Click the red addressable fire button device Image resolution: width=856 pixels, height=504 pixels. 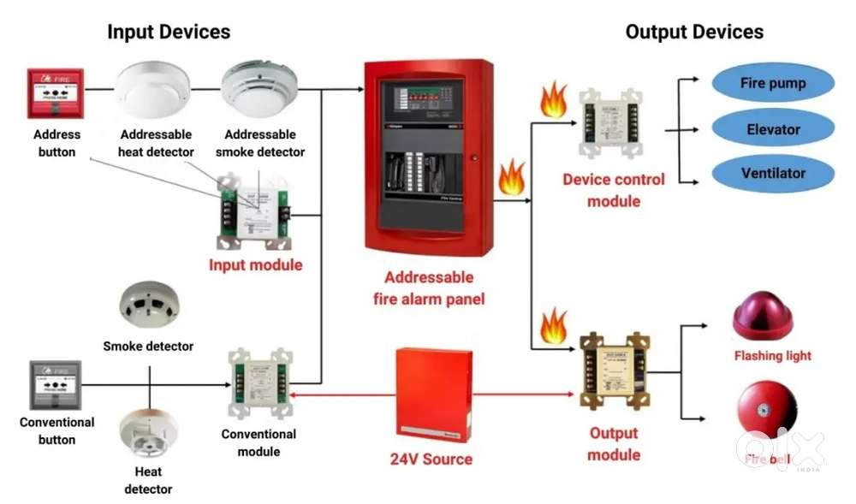[56, 93]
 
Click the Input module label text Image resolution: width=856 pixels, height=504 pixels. [255, 265]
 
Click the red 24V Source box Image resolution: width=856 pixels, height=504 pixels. [432, 394]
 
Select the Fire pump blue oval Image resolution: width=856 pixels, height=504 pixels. [773, 84]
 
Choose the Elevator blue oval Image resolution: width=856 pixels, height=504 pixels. [773, 129]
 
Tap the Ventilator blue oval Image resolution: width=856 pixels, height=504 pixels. [773, 173]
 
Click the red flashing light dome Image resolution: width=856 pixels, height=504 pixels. [763, 317]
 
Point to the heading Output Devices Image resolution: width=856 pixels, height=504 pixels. [694, 33]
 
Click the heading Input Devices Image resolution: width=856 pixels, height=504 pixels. [169, 33]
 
